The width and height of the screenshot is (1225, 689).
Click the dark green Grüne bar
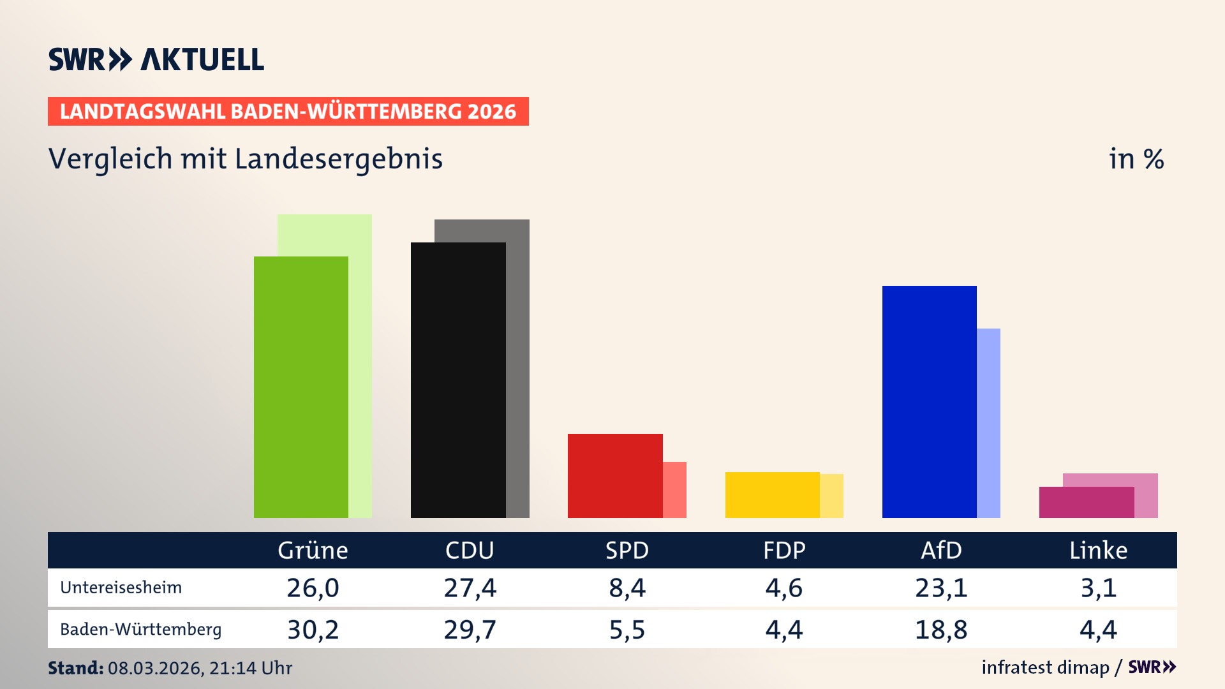click(301, 387)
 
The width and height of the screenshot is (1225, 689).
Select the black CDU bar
click(458, 380)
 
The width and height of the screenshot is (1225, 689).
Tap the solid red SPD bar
click(615, 476)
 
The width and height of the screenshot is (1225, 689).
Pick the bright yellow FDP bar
click(772, 495)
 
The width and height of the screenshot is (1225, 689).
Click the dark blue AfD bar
click(929, 402)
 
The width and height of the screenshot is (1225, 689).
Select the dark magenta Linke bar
click(1086, 503)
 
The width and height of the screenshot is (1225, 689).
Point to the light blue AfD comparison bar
click(989, 424)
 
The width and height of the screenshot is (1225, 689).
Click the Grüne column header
click(313, 551)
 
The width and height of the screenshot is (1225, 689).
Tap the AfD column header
click(941, 551)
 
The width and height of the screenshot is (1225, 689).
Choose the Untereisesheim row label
click(121, 588)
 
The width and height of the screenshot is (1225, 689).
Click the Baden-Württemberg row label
click(141, 630)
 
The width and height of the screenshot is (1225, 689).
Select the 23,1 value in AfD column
click(941, 588)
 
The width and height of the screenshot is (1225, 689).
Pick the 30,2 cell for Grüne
click(313, 630)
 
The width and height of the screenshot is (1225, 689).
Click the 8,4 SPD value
click(627, 588)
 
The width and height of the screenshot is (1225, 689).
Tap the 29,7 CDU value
click(470, 630)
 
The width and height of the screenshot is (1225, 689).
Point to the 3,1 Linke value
click(1098, 588)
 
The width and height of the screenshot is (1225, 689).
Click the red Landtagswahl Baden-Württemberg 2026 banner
click(288, 112)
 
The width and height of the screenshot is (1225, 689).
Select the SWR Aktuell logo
click(156, 59)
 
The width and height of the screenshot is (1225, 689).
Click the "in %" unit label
click(1136, 159)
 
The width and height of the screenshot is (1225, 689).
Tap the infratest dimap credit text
click(1045, 667)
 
